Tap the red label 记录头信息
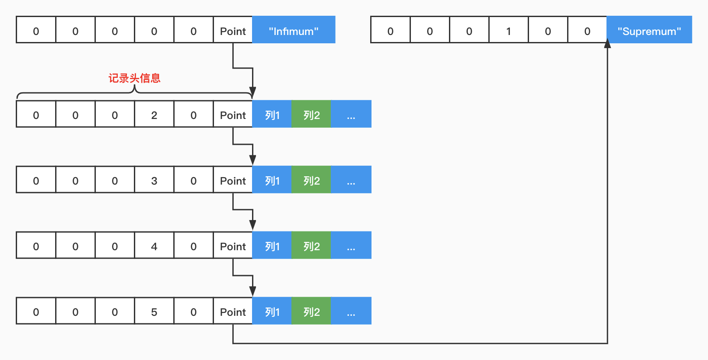134,78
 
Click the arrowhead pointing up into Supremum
607,44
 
